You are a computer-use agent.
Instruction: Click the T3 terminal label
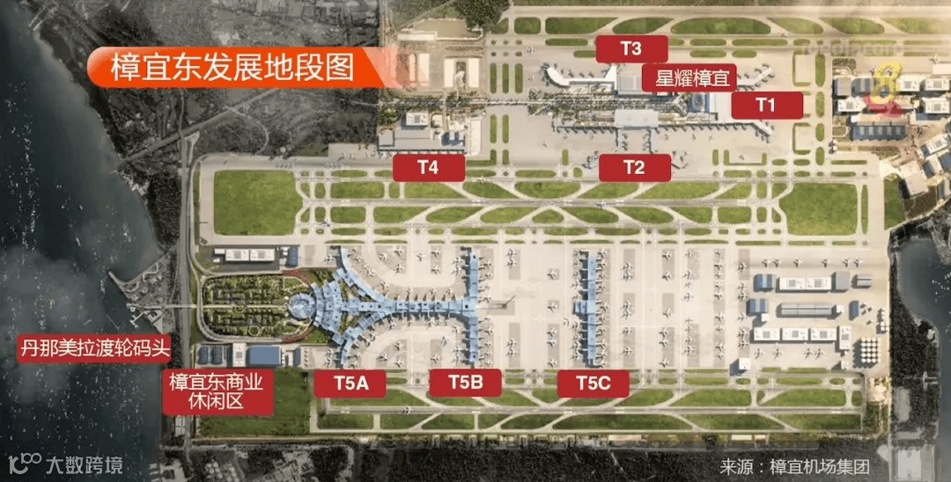pyautogui.click(x=630, y=49)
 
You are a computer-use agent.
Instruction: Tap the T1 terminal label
pyautogui.click(x=766, y=105)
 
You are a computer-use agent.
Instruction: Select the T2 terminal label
pyautogui.click(x=634, y=166)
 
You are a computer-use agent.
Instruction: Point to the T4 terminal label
pyautogui.click(x=428, y=166)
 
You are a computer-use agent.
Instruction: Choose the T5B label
pyautogui.click(x=465, y=383)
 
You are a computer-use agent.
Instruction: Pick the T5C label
pyautogui.click(x=593, y=383)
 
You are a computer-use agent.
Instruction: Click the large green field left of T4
pyautogui.click(x=257, y=202)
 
